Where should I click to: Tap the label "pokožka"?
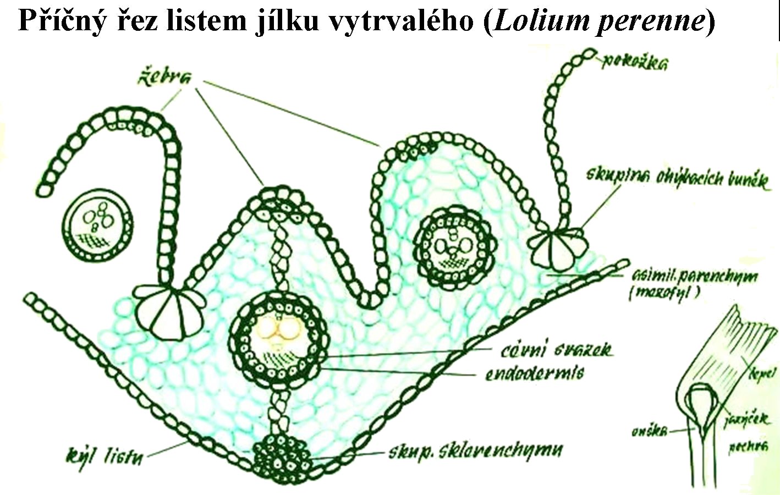pyautogui.click(x=634, y=62)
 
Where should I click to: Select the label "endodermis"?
pyautogui.click(x=534, y=373)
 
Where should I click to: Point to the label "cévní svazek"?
pyautogui.click(x=556, y=350)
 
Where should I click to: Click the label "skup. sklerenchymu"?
pyautogui.click(x=476, y=452)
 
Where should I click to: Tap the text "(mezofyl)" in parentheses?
pyautogui.click(x=665, y=293)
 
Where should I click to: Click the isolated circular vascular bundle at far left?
pyautogui.click(x=98, y=226)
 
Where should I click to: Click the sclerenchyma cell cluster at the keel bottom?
pyautogui.click(x=281, y=457)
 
